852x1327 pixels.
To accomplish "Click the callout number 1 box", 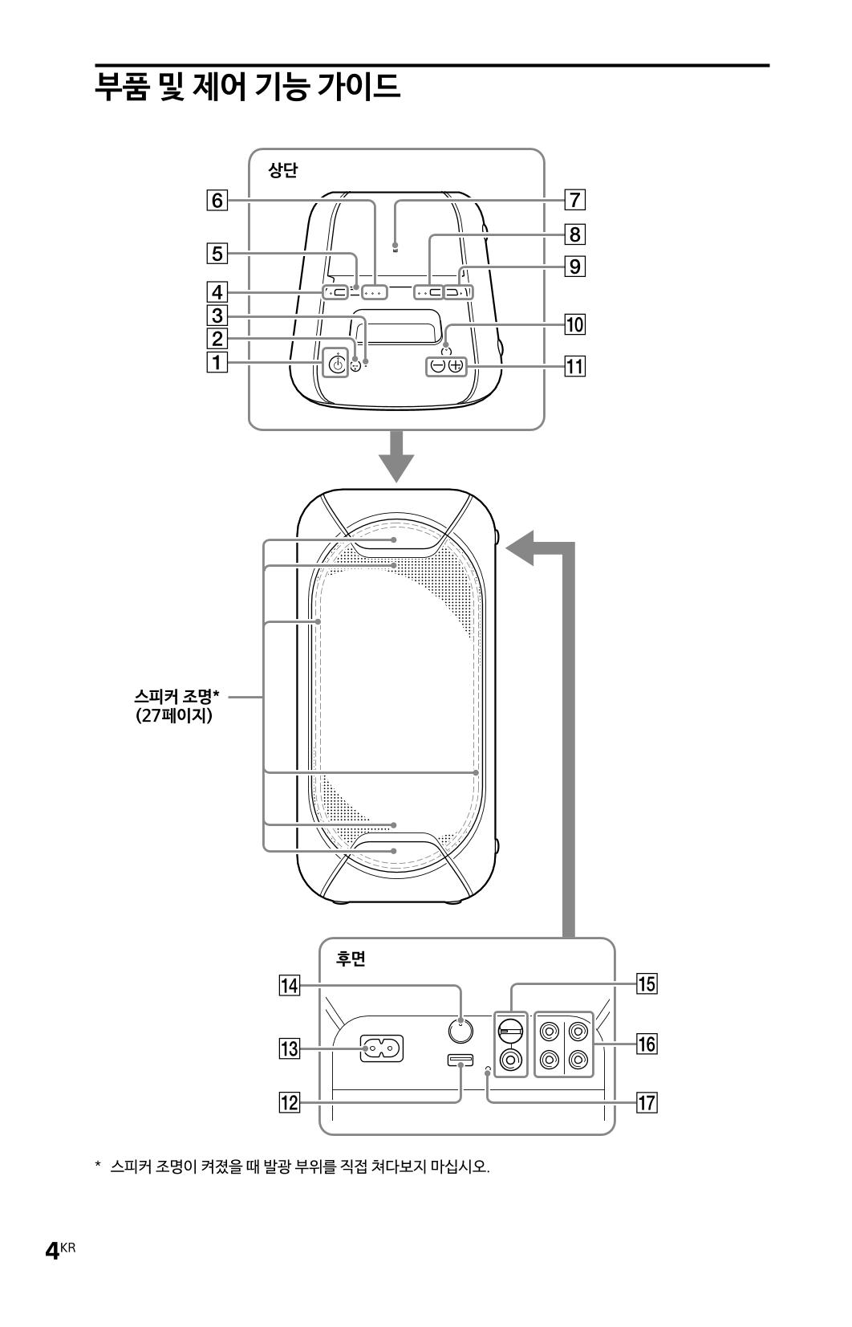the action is coord(217,362).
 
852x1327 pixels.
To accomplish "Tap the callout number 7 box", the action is coord(575,200).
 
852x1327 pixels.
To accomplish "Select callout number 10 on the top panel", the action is coord(575,324).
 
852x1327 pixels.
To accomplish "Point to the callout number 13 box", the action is coord(290,1049).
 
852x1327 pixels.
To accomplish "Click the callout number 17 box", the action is coord(647,1103).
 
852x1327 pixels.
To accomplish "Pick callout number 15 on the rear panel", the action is coord(647,984).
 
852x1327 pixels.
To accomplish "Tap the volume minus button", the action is coord(437,366).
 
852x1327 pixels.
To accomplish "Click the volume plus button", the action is coord(456,366).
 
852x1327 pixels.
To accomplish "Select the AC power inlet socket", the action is coord(382,1049).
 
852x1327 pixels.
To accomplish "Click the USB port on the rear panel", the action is coord(460,1060).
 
